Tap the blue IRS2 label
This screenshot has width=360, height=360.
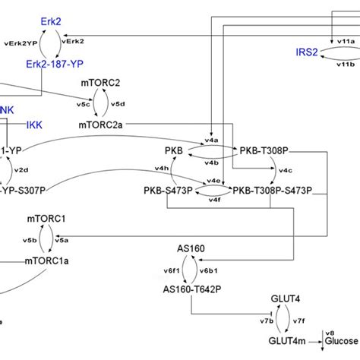click(308, 52)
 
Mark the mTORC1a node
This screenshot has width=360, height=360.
click(47, 261)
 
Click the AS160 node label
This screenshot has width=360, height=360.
click(191, 248)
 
